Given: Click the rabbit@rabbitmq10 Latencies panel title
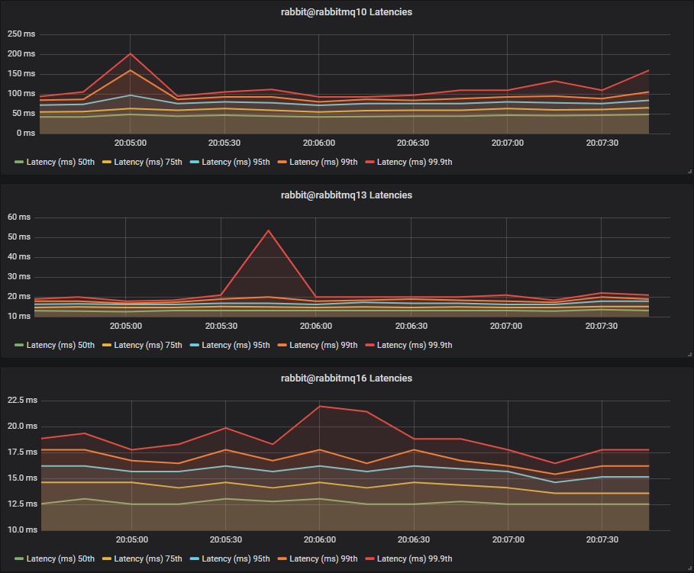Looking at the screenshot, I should [347, 11].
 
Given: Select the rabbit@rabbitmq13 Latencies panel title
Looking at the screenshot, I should [347, 195].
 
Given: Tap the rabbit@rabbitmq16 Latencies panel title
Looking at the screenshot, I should [347, 378].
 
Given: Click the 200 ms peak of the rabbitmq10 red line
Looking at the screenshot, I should [131, 53].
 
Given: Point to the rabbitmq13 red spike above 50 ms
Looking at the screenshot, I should [268, 230].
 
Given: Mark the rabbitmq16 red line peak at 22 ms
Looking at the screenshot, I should [320, 406].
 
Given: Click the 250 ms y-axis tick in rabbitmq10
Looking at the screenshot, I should [21, 35].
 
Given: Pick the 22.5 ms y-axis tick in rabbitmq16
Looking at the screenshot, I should [21, 401].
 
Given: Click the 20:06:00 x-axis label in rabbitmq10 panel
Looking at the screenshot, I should [318, 143].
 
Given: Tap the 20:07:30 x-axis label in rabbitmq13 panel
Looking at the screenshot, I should [601, 326].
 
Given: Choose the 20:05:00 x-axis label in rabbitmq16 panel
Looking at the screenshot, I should [131, 539].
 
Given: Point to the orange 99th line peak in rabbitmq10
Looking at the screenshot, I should [131, 70].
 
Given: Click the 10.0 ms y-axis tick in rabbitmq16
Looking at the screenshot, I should [21, 530].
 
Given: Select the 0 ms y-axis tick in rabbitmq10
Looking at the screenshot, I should [24, 134].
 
